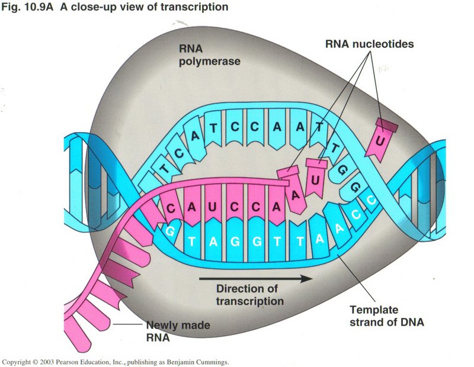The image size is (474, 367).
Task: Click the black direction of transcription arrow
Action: tap(255, 278)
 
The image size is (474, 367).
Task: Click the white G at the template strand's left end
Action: tap(170, 231)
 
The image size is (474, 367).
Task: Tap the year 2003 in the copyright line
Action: tap(50, 360)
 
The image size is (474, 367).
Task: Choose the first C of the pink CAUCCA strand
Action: tap(172, 208)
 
